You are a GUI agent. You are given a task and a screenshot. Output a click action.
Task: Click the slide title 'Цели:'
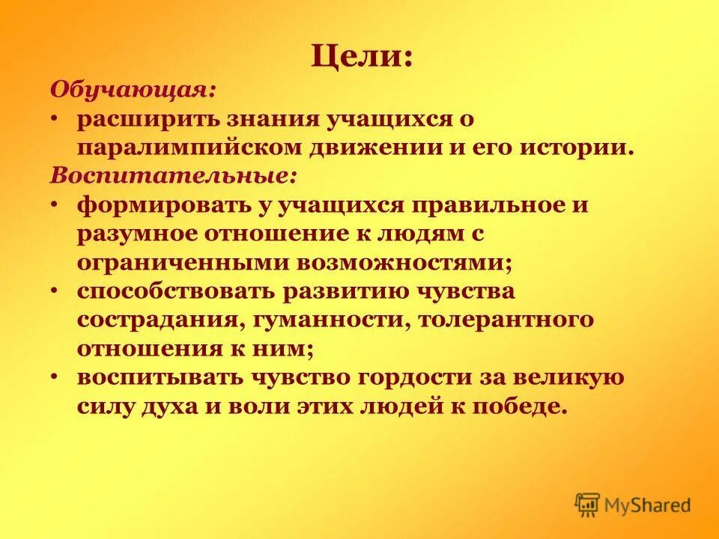point(362,58)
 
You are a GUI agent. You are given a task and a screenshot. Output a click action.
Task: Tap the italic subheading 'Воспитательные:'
point(174,176)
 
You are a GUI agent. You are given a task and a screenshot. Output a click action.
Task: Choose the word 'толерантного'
point(507,320)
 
